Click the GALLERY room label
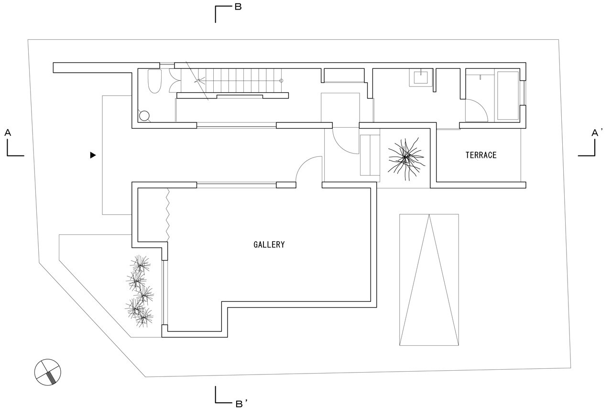269,244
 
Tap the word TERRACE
481,155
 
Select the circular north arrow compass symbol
48,372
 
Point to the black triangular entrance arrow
93,155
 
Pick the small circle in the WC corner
144,116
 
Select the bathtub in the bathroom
508,96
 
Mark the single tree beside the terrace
405,157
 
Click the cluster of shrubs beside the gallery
139,292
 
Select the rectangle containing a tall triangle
429,279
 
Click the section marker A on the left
8,132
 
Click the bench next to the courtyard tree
370,155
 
